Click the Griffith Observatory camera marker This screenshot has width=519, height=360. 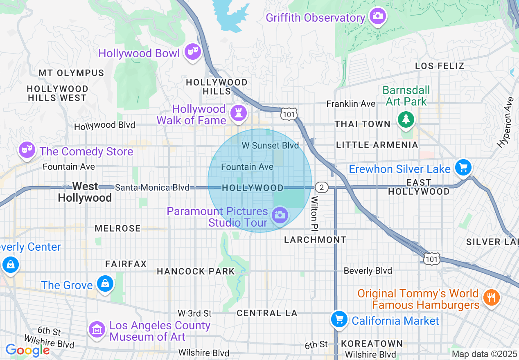click(x=377, y=16)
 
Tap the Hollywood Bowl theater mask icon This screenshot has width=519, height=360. click(x=192, y=52)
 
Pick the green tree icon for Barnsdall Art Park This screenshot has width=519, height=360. click(x=406, y=119)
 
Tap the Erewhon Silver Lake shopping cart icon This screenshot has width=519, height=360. click(x=463, y=167)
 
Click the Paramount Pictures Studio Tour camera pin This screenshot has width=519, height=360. click(x=280, y=215)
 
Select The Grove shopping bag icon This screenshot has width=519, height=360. click(x=105, y=283)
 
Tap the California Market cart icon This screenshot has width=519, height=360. click(x=339, y=319)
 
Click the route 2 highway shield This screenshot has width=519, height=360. click(x=322, y=187)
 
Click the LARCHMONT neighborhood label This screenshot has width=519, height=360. click(x=315, y=240)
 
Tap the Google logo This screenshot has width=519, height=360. click(x=27, y=351)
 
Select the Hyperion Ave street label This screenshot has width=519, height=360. click(x=505, y=122)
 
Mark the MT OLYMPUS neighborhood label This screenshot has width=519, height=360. click(x=72, y=73)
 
